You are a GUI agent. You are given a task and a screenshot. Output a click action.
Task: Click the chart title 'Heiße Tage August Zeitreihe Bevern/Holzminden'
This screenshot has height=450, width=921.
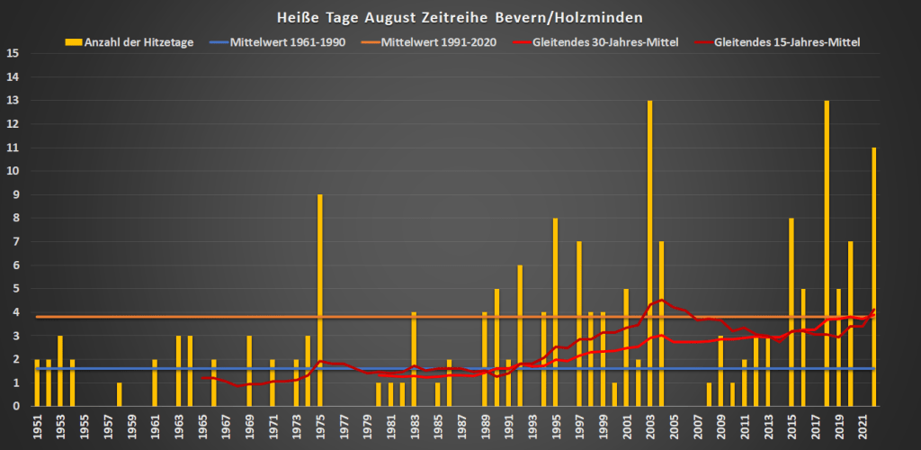[x=461, y=17]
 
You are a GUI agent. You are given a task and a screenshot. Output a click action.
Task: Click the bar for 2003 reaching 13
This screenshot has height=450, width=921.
[x=650, y=253]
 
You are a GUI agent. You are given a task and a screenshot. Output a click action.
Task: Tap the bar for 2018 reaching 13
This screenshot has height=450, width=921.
[x=827, y=253]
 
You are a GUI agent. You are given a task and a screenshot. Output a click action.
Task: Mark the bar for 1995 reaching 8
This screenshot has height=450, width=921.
[x=556, y=311]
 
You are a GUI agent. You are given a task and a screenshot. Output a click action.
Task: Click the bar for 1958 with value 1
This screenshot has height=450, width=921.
[x=120, y=394]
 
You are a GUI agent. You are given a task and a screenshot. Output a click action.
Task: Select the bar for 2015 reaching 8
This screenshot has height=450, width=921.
[x=791, y=311]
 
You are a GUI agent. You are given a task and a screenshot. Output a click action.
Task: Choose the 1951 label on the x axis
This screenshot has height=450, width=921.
[x=37, y=427]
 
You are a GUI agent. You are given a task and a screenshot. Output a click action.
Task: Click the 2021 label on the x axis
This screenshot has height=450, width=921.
[x=863, y=427]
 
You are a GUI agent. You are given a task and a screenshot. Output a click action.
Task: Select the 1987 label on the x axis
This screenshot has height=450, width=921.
[x=461, y=427]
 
